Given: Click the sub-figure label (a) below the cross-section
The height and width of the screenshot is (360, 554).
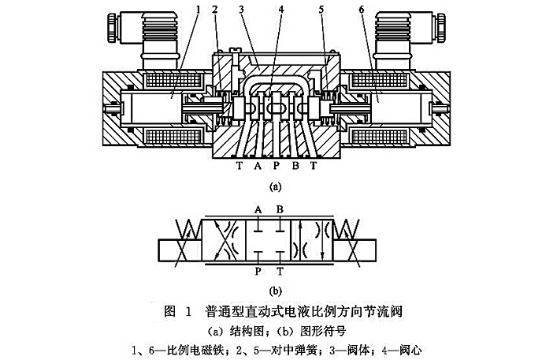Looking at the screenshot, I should [275, 186].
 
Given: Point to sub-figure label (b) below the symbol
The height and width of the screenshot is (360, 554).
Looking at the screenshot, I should [277, 290].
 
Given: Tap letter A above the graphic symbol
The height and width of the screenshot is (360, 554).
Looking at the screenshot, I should [258, 210].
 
